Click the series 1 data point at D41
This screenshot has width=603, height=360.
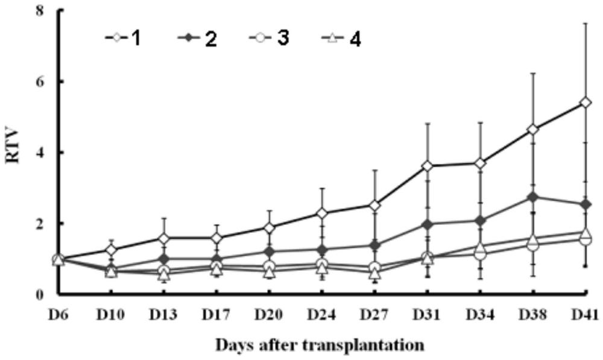[x=585, y=103]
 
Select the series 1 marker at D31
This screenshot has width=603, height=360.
[x=427, y=166]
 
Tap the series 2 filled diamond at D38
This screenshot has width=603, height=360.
[x=532, y=197]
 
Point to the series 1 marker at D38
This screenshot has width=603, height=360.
[x=532, y=130]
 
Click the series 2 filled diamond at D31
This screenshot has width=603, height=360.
[x=427, y=224]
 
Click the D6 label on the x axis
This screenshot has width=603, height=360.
[x=58, y=314]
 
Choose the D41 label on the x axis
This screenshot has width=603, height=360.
[x=585, y=314]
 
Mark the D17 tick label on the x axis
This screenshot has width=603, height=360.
[x=216, y=314]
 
